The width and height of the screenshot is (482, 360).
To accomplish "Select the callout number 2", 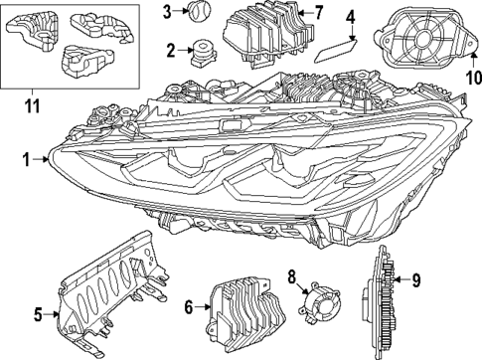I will click(171, 50).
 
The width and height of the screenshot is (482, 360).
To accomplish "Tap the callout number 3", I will click(168, 12).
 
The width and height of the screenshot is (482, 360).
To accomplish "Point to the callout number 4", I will click(350, 17).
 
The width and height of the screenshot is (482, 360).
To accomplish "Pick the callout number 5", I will click(37, 315).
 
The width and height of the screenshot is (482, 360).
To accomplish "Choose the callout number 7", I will click(319, 14).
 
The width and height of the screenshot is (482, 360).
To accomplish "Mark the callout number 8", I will click(292, 275).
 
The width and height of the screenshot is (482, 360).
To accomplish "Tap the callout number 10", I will click(472, 76).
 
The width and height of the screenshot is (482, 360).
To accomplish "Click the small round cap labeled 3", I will click(200, 12).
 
